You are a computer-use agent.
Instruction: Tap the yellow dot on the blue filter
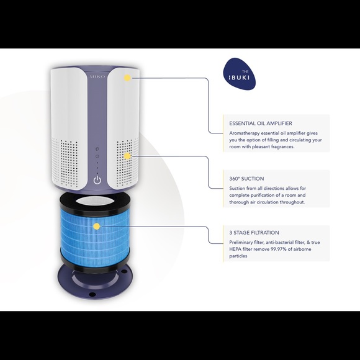click(97, 227)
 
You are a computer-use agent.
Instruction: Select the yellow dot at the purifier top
click(127, 78)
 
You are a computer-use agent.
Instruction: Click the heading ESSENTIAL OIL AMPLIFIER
click(261, 124)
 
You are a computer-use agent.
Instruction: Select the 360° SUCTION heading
click(246, 179)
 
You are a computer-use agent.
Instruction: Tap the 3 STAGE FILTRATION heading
click(254, 233)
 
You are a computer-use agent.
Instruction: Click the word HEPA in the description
click(236, 249)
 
